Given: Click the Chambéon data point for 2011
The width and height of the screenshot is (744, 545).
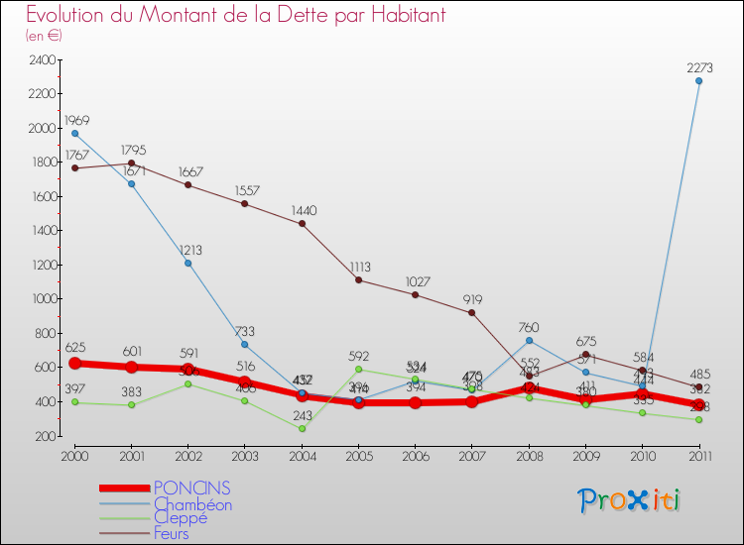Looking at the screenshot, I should pos(698,81).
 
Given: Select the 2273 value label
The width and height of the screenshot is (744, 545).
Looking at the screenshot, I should pos(700,67).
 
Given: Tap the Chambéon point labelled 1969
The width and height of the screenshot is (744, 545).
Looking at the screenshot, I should pos(74,133).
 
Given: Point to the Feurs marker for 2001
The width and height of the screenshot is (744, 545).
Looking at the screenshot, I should pos(131,163).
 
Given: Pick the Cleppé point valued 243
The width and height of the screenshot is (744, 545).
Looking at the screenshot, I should pos(302,429).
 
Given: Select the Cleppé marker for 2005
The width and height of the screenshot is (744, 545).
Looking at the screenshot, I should pos(358,370).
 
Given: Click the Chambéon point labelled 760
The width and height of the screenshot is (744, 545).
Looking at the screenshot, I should pos(529,341).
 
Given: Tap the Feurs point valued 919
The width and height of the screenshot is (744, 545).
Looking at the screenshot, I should pos(471,313).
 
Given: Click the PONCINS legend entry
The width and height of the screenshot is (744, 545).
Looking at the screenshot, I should pos(192,488).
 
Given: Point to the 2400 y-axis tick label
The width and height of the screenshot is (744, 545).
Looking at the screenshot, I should pos(42,60).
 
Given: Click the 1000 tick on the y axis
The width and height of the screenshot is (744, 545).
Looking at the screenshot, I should pos(42,299).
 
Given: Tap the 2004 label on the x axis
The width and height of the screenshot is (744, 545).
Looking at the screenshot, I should pos(302,455).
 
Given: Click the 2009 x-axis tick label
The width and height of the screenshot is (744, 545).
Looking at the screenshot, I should pos(585,455).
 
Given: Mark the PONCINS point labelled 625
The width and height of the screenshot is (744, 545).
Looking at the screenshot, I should pos(74,363).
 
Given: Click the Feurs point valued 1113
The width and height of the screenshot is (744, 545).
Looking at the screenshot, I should pos(358,280).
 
